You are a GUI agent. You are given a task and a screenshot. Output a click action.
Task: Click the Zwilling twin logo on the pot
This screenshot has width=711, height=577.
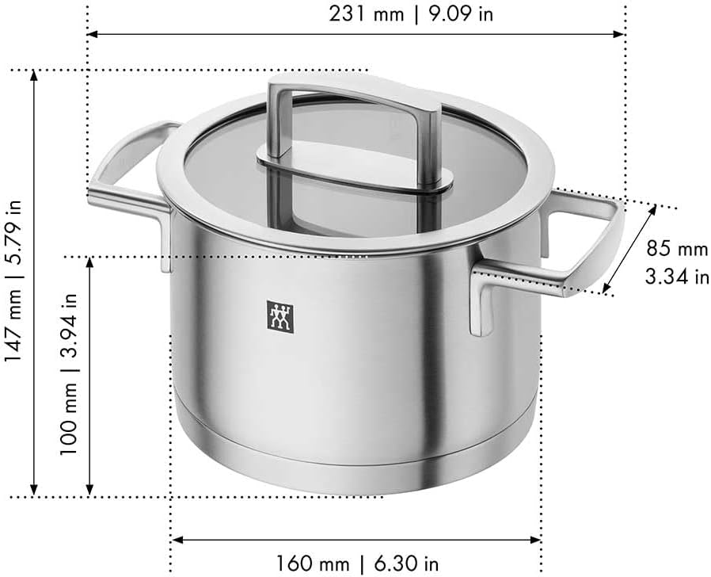coord(279,317)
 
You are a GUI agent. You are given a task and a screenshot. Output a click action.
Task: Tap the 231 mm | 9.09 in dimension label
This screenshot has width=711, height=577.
coord(411,13)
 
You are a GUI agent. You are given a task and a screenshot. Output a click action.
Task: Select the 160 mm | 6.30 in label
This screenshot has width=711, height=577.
coord(358,564)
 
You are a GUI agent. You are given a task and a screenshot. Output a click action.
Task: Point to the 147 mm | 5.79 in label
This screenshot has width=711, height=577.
coord(13,281)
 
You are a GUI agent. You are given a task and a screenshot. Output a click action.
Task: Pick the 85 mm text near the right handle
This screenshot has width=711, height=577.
coord(677,249)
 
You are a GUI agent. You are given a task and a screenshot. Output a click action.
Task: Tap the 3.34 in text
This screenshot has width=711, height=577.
coord(677,277)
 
